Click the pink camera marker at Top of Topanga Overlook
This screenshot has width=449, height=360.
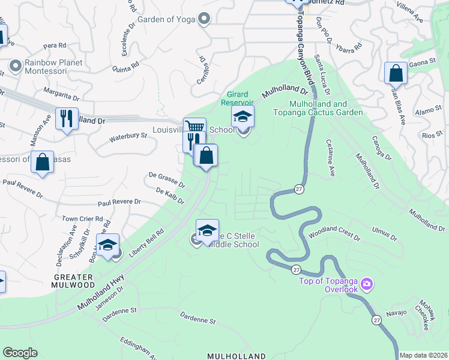(x=368, y=283)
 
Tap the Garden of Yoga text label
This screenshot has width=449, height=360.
(x=166, y=19)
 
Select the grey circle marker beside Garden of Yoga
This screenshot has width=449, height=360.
(x=204, y=19)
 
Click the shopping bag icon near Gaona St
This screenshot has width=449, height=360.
(x=396, y=73)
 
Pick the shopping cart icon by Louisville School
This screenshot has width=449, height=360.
(x=194, y=127)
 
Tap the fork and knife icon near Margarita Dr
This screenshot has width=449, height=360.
(x=67, y=118)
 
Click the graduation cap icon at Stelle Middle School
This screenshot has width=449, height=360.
(x=208, y=230)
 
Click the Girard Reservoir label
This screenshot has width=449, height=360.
(x=238, y=98)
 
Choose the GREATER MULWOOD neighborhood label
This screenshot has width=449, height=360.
(x=73, y=281)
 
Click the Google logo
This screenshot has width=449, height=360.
(x=20, y=353)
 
